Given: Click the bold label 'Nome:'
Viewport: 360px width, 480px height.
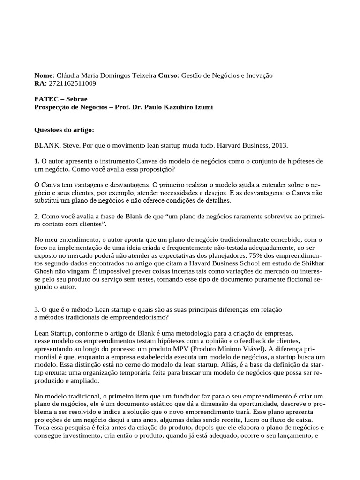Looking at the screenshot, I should pyautogui.click(x=45, y=75).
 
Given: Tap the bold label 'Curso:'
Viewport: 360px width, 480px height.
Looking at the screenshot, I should pyautogui.click(x=169, y=75).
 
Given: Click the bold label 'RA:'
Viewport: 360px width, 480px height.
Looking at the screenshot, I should pyautogui.click(x=41, y=83).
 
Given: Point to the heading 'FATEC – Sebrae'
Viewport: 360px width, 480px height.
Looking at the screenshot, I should pyautogui.click(x=61, y=99).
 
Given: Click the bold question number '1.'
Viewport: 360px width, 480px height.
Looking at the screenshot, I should pyautogui.click(x=37, y=161).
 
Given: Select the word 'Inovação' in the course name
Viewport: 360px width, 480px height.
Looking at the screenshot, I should pyautogui.click(x=259, y=75).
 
